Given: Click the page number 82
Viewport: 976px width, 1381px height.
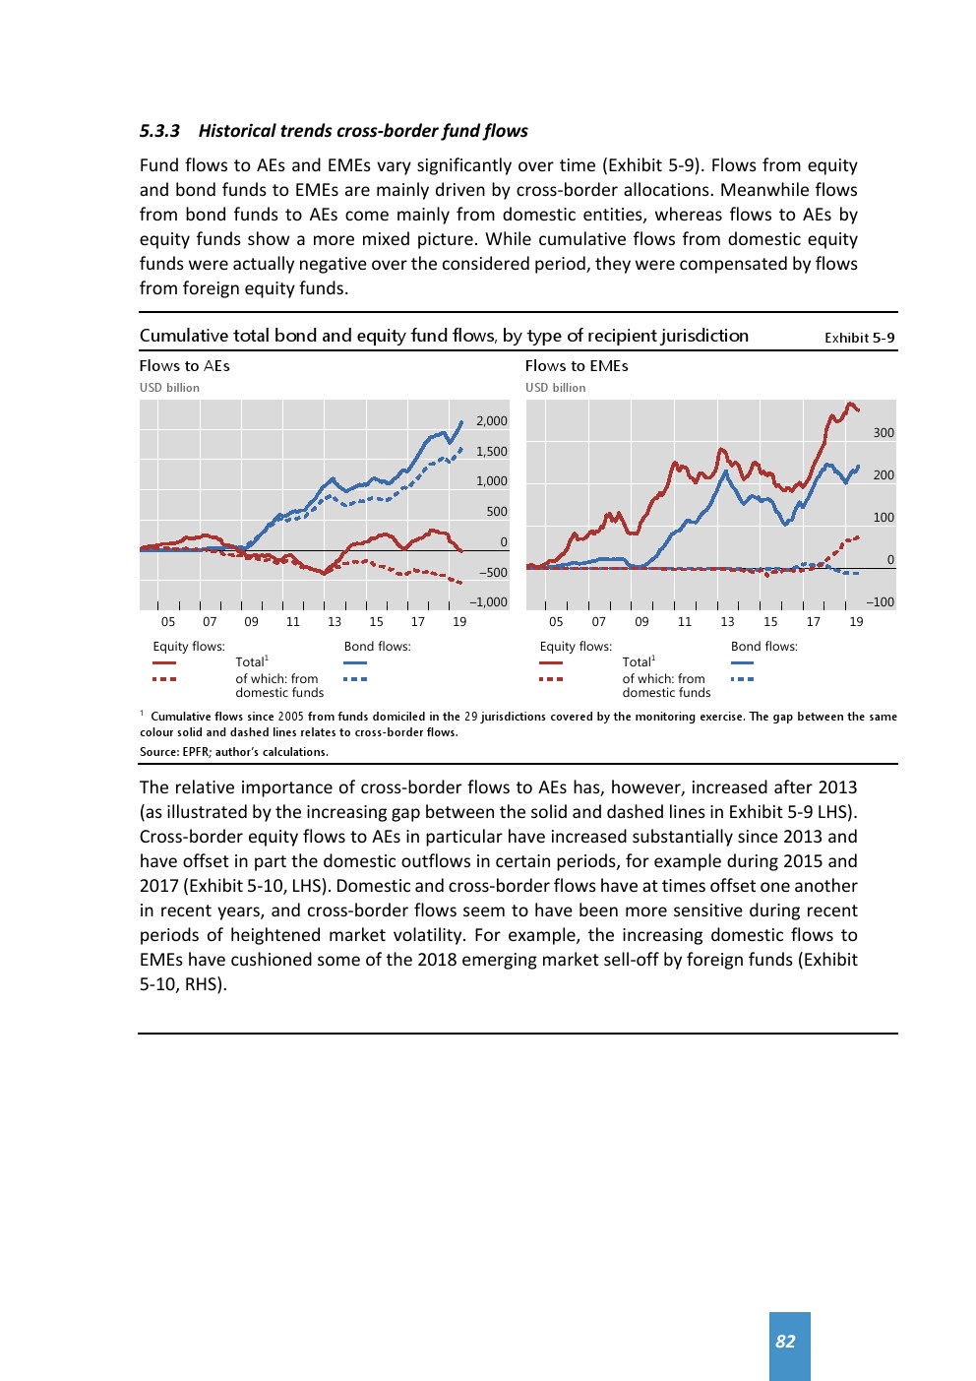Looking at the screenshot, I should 785,1342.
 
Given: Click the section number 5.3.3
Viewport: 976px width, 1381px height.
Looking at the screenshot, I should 159,131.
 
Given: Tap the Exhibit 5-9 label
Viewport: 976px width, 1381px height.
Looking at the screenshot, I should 859,338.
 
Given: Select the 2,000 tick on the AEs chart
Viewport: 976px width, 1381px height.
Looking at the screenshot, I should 492,421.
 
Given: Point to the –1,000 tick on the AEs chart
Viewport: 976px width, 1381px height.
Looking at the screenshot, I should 489,602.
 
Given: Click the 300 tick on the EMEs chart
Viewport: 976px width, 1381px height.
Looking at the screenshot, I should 884,433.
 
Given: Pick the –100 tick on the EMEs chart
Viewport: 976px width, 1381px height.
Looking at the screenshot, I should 881,602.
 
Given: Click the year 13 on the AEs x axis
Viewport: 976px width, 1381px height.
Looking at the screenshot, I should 335,622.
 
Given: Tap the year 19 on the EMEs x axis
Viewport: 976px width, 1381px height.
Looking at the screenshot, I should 856,622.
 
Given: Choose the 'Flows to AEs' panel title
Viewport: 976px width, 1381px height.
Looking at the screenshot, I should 185,366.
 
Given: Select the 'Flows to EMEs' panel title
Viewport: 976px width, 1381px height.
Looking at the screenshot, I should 577,366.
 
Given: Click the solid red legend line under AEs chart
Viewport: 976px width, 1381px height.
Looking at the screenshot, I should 164,663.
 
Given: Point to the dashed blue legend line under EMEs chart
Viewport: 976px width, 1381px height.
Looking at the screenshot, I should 743,679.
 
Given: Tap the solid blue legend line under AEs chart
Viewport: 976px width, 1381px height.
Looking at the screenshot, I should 355,663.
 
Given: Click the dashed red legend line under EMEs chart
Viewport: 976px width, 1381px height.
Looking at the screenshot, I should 551,679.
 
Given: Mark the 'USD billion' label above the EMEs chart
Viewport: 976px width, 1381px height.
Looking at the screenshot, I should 555,388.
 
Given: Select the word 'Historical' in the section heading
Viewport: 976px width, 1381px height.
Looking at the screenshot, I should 237,131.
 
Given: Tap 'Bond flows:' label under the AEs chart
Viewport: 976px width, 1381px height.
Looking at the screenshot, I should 377,647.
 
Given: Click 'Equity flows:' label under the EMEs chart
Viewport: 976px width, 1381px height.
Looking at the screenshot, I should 576,647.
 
